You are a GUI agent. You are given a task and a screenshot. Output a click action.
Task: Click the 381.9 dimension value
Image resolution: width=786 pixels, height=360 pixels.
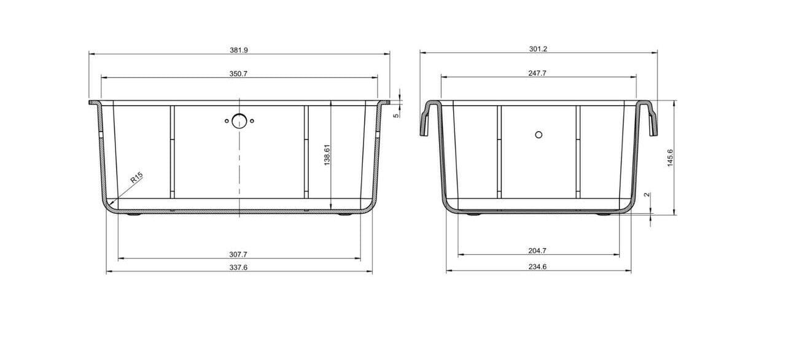click(238, 49)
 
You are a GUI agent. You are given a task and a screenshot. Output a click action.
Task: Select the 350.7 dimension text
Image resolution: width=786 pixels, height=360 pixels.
click(238, 74)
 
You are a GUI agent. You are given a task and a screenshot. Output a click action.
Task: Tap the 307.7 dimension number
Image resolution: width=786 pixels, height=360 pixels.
click(238, 254)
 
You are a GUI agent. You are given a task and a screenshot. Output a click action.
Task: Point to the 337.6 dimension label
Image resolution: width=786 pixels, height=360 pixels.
click(238, 267)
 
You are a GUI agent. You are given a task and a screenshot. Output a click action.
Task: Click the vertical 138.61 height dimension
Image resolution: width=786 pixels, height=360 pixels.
click(327, 155)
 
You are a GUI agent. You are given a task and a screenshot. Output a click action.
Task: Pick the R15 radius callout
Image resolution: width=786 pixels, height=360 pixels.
click(136, 179)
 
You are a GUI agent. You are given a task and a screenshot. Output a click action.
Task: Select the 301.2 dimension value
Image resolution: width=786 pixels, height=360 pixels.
click(538, 49)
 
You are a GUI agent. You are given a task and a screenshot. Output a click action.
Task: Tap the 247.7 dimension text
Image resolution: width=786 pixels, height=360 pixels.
click(538, 73)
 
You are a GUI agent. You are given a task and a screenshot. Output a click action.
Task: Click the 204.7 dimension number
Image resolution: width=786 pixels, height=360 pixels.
click(538, 251)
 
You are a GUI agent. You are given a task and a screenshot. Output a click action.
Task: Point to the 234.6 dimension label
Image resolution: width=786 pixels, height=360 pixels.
click(538, 267)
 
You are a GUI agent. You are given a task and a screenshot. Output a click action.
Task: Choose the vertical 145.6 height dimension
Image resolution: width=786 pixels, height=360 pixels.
click(671, 158)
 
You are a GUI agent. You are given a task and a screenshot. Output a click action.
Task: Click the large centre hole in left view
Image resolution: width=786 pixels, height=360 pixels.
click(239, 121)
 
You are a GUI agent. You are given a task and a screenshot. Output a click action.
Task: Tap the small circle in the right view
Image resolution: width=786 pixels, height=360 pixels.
click(539, 135)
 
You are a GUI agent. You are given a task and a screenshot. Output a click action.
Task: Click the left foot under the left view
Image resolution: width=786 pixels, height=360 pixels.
click(133, 215)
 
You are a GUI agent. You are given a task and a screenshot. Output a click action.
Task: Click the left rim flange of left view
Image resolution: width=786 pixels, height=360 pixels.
click(95, 103)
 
